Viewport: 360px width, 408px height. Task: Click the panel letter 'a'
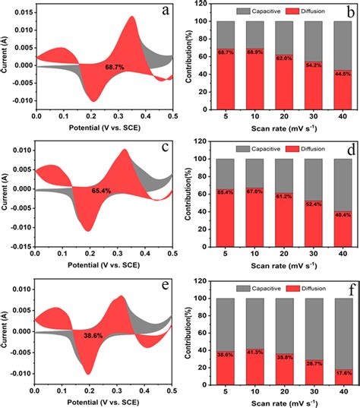click(164, 11)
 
